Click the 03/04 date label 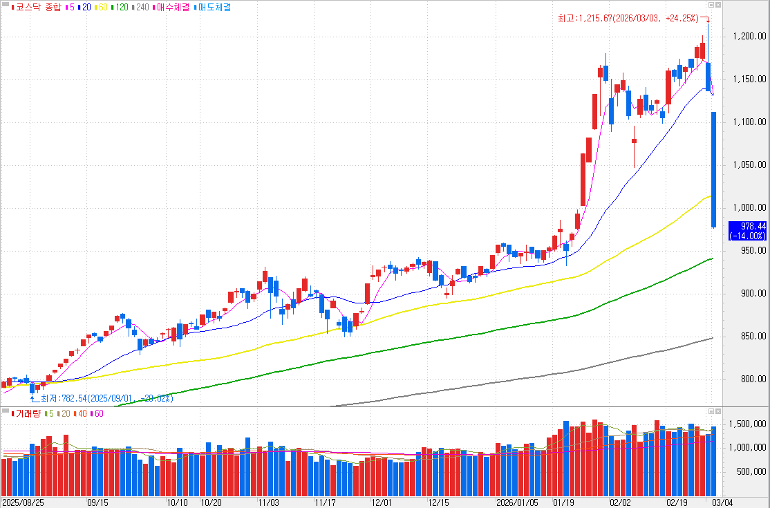(x=723, y=502)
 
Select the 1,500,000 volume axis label (x=749, y=424)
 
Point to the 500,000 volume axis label (x=751, y=472)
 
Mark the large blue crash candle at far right (x=713, y=169)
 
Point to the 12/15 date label (x=440, y=502)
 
